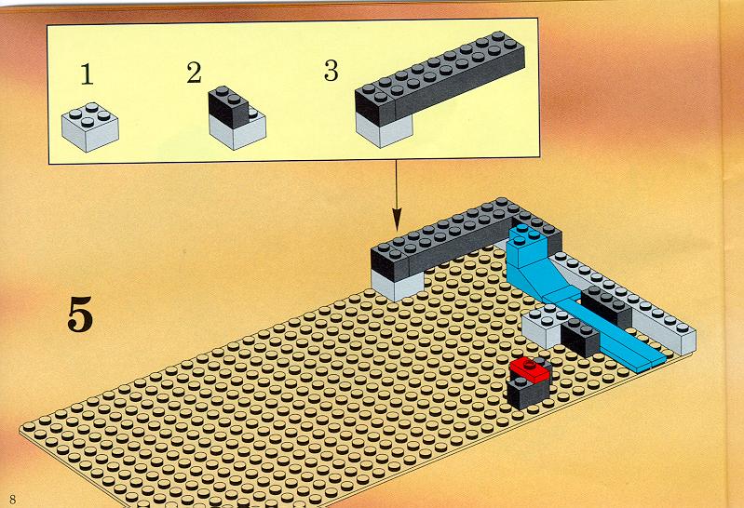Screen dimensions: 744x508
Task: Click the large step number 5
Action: click(x=80, y=314)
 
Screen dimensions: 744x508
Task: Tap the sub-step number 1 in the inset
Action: click(x=87, y=74)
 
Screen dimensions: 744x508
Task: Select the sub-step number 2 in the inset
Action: click(x=194, y=74)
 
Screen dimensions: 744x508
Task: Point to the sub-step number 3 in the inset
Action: click(x=331, y=70)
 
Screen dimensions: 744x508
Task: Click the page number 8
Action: click(x=12, y=499)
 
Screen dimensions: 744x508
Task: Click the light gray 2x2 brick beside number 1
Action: click(x=90, y=127)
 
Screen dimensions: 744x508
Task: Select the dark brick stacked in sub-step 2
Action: click(x=228, y=107)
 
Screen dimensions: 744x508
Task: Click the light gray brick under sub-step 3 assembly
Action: click(x=384, y=130)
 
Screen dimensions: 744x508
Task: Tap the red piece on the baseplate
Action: click(x=529, y=369)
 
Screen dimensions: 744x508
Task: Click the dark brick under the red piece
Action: click(x=528, y=392)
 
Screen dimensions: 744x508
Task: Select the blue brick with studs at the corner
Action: click(x=529, y=246)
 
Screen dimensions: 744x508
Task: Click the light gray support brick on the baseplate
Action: click(x=398, y=285)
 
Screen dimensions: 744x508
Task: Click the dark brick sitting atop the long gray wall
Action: click(x=606, y=306)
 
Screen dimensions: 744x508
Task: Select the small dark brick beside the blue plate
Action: click(x=580, y=338)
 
